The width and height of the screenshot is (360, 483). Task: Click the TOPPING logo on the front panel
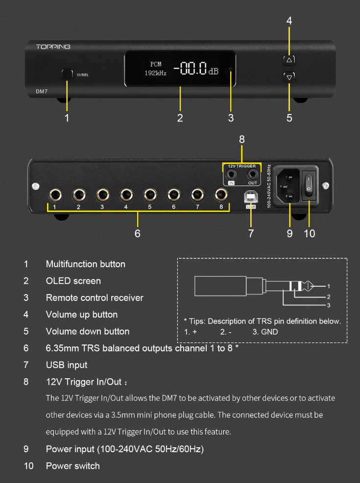coord(53,47)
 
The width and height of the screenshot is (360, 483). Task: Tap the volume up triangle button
coord(289,60)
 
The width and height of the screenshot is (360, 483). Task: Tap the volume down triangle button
coord(289,77)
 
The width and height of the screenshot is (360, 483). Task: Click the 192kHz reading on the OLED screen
coord(155,73)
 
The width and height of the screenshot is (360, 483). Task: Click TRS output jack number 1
coord(55,195)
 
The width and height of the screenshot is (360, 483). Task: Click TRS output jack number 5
coord(150,195)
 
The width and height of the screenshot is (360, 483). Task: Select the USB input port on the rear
coord(250,197)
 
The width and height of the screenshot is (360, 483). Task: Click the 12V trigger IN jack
coord(231,174)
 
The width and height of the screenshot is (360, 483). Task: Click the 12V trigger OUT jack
coord(252,174)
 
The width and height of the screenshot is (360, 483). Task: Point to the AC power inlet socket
coord(288,184)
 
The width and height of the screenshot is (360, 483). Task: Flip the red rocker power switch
coord(309,184)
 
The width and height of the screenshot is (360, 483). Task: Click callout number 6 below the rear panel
coord(137,233)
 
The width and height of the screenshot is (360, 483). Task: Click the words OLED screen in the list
coord(73,281)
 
